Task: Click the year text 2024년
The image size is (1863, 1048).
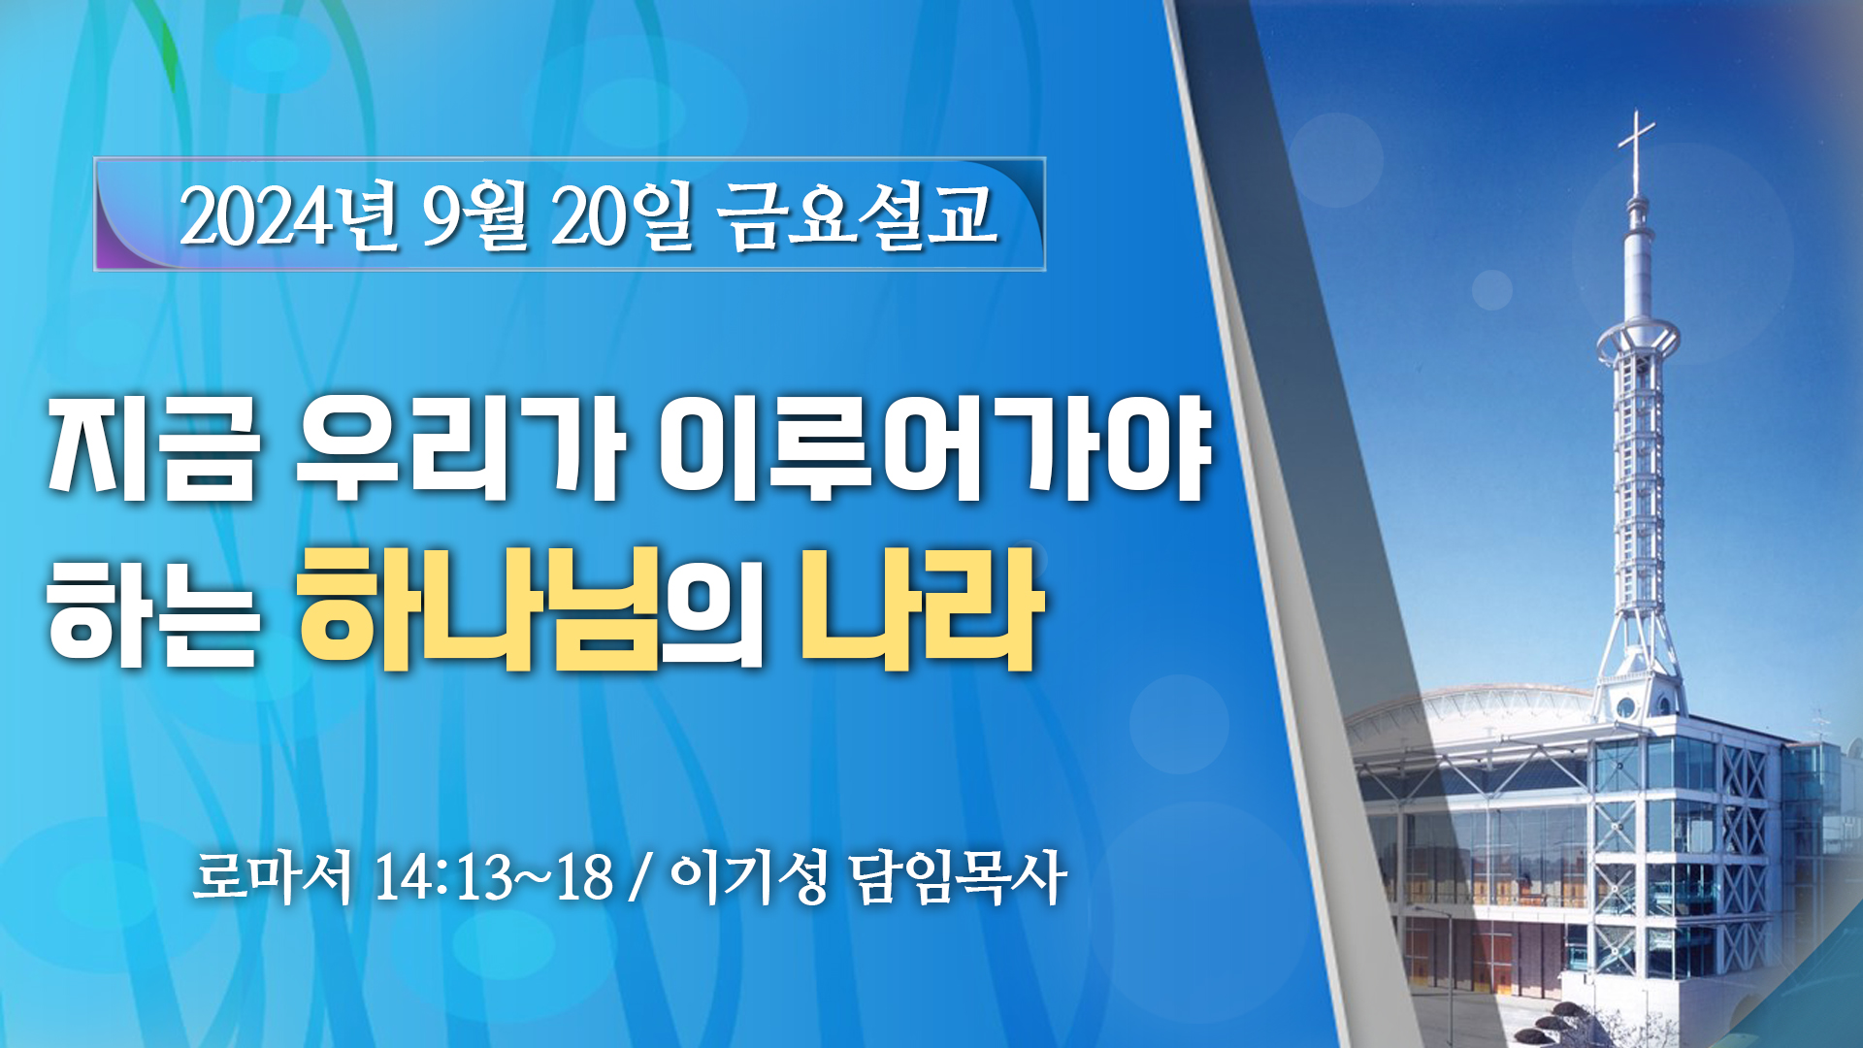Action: coord(288,215)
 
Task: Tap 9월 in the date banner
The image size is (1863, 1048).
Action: coord(474,215)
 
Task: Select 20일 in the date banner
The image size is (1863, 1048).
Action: coord(623,215)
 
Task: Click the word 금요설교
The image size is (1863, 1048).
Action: coord(858,215)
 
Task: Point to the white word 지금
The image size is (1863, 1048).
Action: coord(153,449)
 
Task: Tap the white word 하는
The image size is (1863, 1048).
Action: coord(153,610)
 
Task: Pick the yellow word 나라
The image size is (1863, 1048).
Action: coord(922,608)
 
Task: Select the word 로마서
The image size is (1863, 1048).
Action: coord(273,877)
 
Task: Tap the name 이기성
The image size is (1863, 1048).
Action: coord(748,877)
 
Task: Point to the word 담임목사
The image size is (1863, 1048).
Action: coord(958,877)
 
